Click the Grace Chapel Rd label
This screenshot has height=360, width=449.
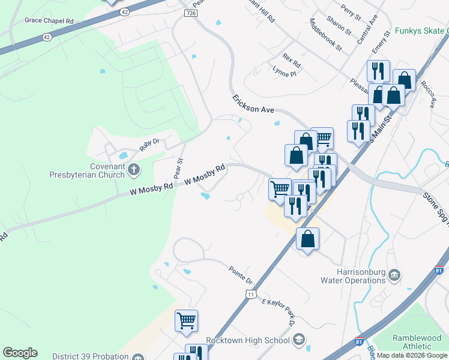[x=49, y=20]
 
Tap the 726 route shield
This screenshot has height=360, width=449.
[x=191, y=13]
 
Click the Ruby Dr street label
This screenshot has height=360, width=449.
[x=148, y=144]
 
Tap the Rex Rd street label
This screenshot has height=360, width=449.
[x=291, y=61]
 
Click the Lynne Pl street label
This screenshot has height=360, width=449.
[x=285, y=74]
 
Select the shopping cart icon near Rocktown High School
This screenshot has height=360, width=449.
[x=186, y=320]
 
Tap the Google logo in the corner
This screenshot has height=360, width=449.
[x=20, y=353]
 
